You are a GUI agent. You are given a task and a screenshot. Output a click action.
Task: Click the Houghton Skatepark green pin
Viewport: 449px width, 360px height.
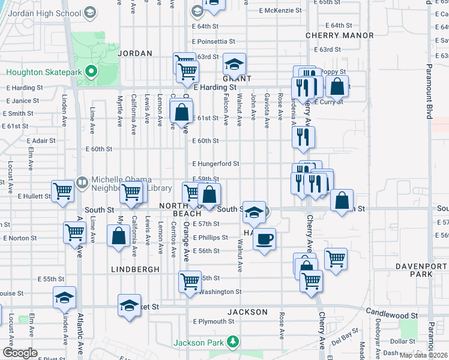click(91, 73)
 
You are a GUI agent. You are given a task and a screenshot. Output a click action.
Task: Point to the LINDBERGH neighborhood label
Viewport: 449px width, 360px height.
click(135, 269)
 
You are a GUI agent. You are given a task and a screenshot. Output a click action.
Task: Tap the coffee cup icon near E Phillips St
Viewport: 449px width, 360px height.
click(264, 239)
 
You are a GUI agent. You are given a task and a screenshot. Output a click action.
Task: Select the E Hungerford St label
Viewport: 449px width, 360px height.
click(215, 163)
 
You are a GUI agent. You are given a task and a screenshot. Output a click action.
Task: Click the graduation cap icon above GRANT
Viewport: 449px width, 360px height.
click(235, 64)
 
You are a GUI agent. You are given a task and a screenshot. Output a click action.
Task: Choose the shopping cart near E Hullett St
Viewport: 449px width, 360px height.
click(62, 191)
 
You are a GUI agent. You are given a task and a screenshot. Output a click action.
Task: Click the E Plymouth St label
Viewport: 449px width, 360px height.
click(214, 322)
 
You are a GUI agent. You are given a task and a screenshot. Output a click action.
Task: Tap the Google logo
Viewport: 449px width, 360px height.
click(20, 353)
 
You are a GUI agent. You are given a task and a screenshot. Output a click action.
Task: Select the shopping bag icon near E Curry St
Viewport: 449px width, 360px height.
click(337, 86)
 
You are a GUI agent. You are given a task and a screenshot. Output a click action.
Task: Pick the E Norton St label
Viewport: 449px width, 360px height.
click(20, 238)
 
